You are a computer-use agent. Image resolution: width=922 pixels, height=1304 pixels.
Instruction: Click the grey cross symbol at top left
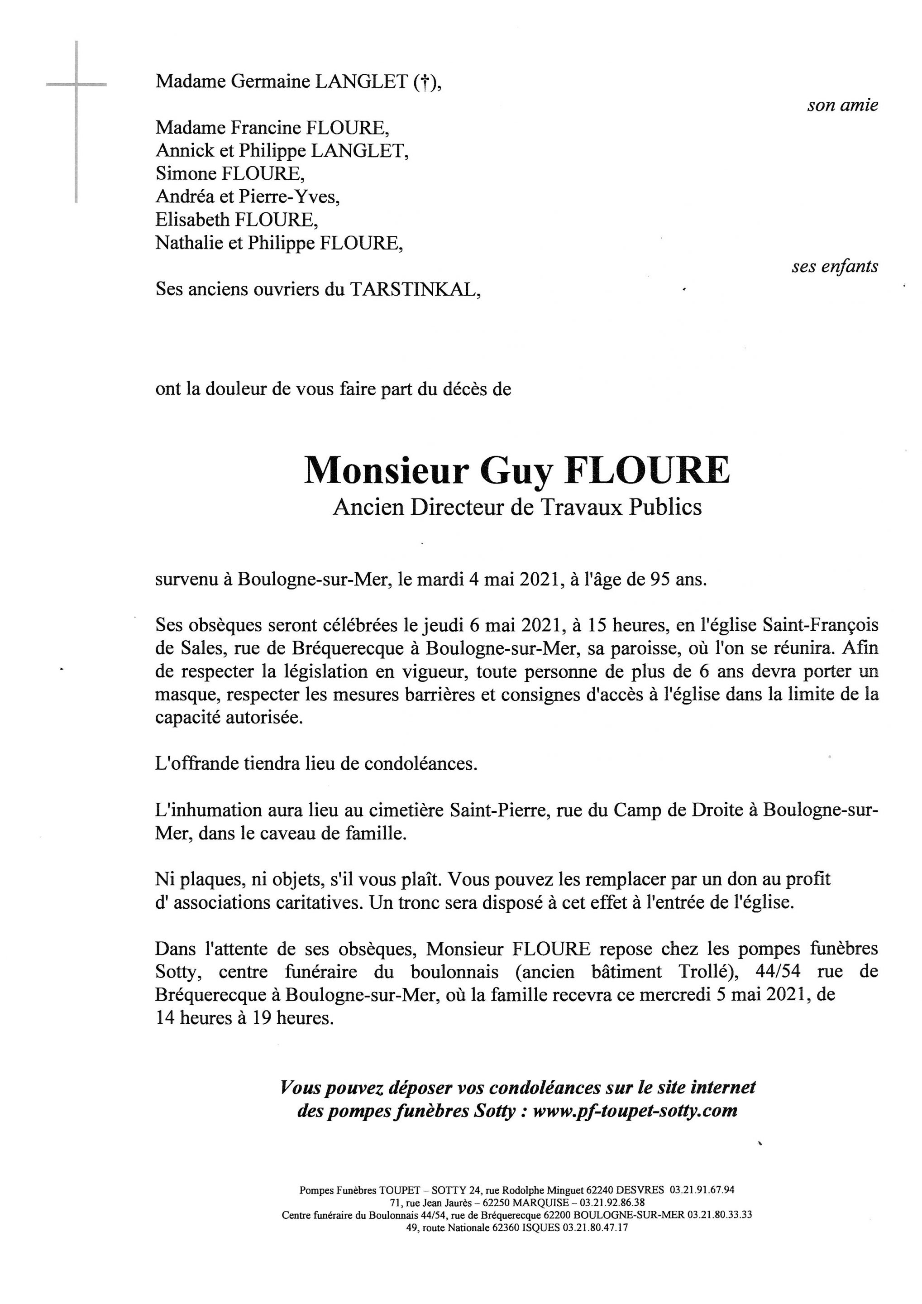76,85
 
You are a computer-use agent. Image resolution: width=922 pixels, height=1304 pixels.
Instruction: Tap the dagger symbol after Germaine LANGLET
422,83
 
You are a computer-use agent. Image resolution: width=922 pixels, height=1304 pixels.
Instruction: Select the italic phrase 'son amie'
842,105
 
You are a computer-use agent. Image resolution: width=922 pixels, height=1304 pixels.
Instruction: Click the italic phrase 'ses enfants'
835,266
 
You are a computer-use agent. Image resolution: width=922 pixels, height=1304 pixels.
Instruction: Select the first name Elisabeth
192,220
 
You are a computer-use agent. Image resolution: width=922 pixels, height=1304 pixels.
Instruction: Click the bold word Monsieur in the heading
386,470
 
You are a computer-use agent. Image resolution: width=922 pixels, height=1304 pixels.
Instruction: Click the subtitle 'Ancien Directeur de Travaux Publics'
517,507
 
